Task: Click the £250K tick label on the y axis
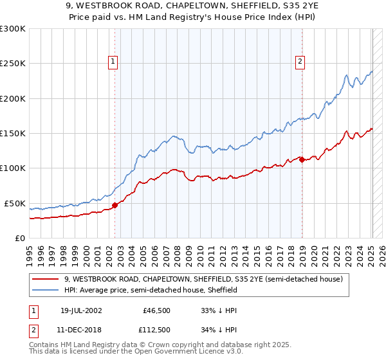pos(13,64)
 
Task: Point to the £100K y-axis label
pos(13,168)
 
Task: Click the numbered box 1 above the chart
pos(113,62)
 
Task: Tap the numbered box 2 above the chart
pos(300,62)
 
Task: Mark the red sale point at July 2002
pos(115,206)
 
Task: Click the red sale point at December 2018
pos(302,160)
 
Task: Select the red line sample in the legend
pos(46,279)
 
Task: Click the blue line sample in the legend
pos(46,290)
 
